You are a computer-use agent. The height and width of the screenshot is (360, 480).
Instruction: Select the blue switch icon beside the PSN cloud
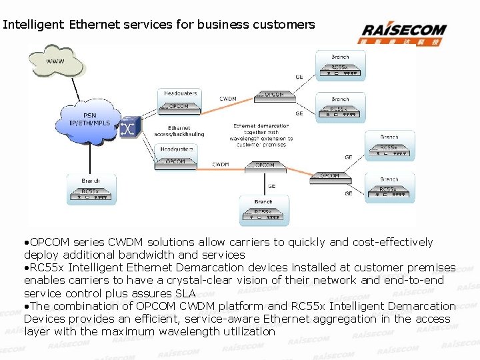[129, 128]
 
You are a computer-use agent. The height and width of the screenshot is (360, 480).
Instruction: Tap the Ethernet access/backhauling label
[179, 131]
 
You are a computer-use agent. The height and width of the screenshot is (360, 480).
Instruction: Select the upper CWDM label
[228, 99]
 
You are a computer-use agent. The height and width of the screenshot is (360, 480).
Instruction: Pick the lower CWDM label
[221, 164]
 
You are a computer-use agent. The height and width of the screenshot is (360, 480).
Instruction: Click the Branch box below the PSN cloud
[91, 189]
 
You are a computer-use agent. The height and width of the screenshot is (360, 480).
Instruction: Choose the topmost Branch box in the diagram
[340, 65]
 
